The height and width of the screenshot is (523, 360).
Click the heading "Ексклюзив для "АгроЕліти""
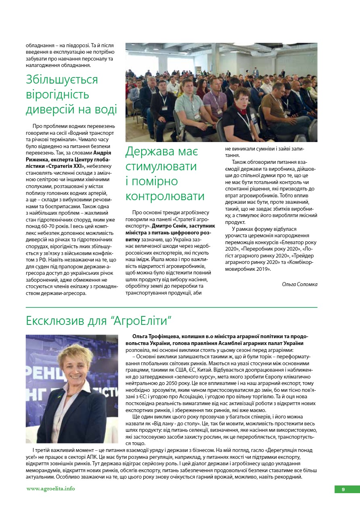tap(99, 321)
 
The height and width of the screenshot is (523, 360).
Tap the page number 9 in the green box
tap(343, 490)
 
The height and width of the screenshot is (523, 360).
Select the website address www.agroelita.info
tap(50, 489)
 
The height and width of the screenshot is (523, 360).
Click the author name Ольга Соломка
tap(299, 285)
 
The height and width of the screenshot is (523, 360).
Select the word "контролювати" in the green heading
tap(165, 196)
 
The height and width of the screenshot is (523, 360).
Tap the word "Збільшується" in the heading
tap(62, 79)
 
